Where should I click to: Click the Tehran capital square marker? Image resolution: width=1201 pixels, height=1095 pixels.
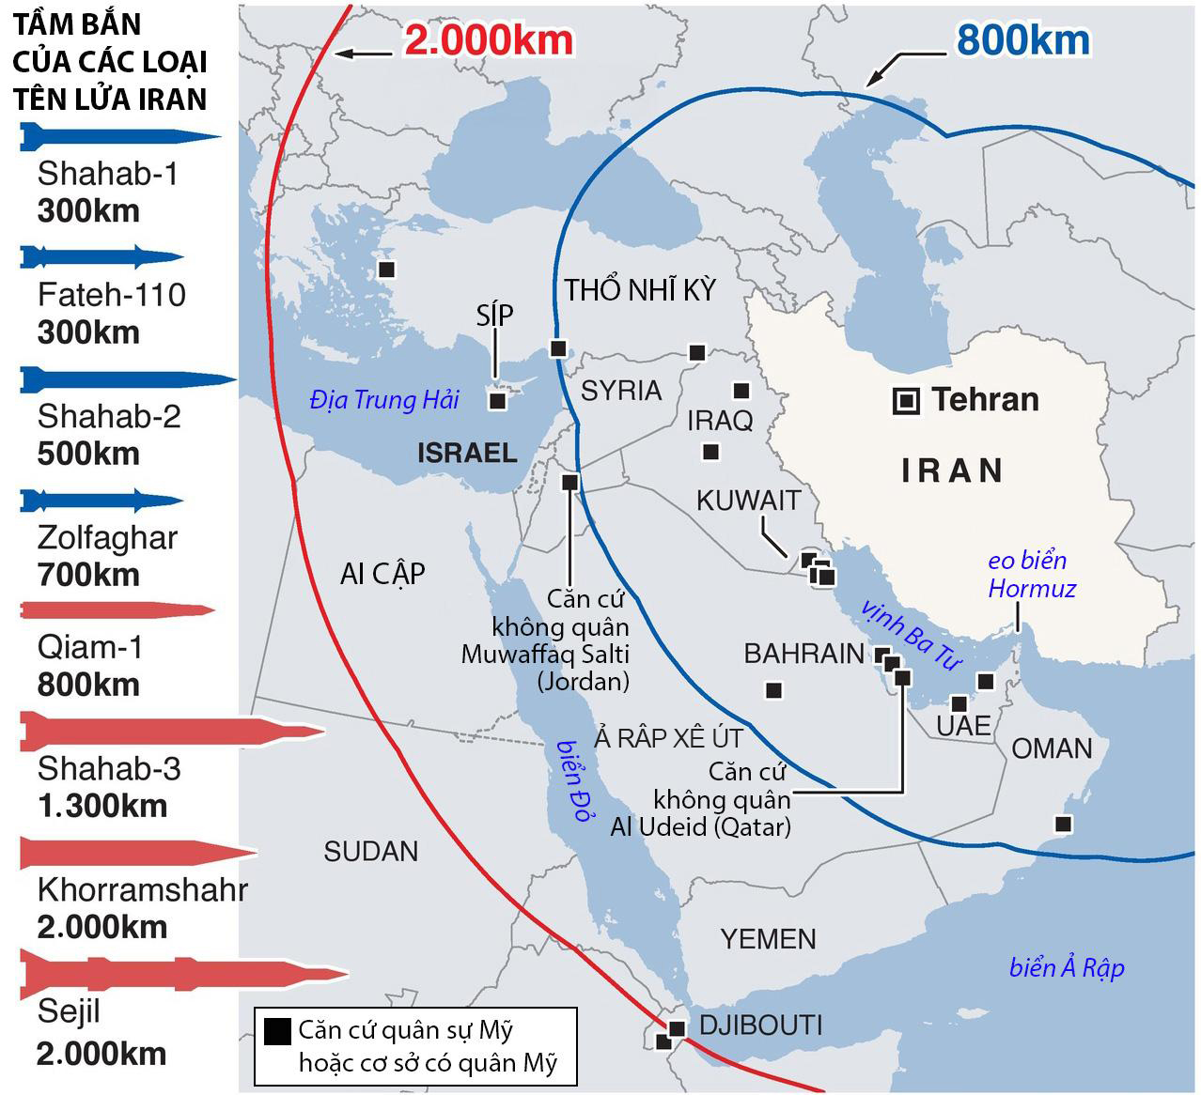point(906,401)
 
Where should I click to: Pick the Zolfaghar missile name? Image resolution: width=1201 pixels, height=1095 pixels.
point(108,538)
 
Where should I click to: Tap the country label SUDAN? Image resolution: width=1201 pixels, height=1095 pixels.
point(371,852)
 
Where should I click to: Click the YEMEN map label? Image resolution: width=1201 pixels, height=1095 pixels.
point(768,938)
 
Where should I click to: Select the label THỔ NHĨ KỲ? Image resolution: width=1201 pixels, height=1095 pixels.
point(640,290)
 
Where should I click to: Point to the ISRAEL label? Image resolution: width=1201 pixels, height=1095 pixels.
point(467,453)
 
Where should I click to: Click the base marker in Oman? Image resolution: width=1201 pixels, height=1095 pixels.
point(1063,824)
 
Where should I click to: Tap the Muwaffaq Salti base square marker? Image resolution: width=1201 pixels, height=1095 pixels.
point(569,483)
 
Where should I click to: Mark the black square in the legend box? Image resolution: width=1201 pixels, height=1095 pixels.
point(276,1032)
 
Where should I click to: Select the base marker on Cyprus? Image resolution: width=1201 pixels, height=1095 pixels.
point(498,401)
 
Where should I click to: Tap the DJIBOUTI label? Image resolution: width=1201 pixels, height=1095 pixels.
point(761,1025)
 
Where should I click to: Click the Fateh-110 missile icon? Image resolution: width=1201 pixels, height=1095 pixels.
point(101,256)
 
